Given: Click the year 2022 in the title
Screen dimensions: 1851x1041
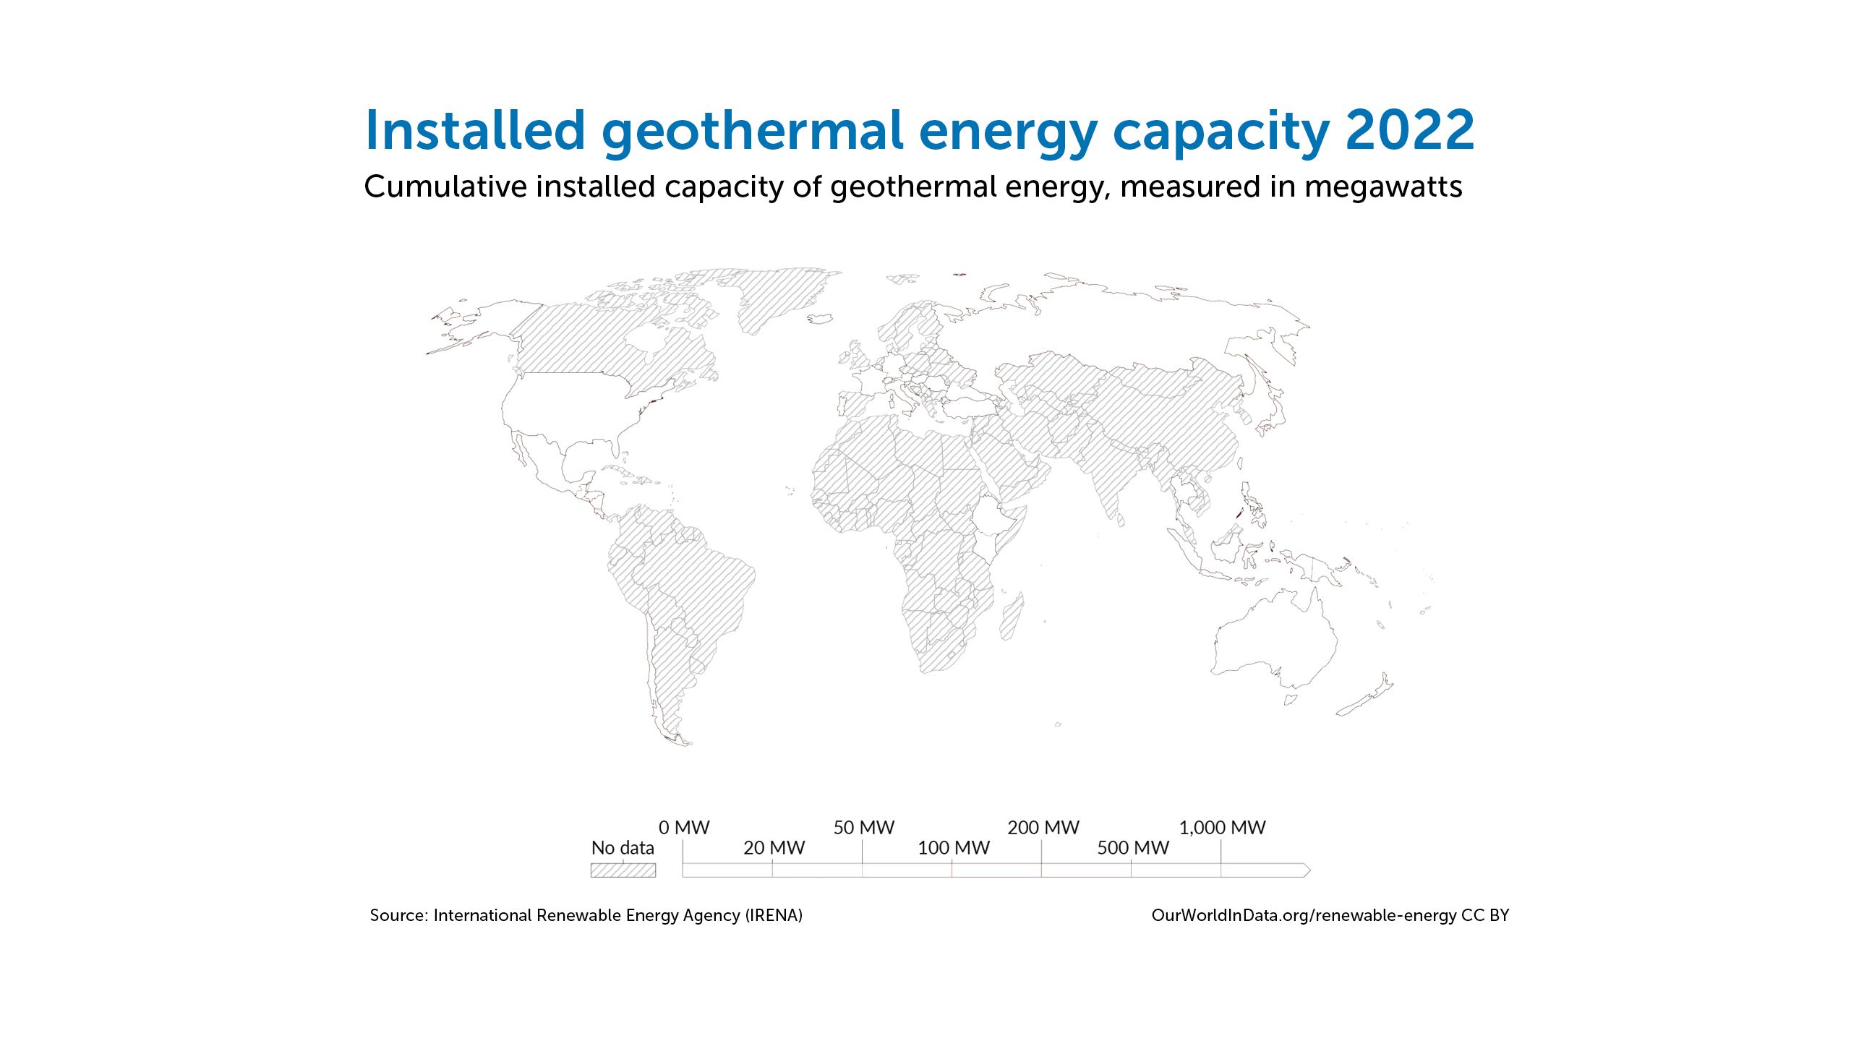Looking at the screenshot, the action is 1410,131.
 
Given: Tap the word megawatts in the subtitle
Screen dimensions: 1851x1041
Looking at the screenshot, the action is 1383,187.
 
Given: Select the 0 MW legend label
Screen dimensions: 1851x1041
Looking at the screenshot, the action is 684,827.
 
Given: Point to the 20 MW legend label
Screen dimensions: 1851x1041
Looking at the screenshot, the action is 774,847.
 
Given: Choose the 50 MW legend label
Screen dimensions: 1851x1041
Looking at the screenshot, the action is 864,827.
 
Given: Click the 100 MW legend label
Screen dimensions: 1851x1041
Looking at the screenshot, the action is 953,847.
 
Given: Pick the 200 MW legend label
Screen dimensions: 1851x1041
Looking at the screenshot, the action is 1043,827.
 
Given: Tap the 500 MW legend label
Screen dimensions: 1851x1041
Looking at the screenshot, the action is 1133,847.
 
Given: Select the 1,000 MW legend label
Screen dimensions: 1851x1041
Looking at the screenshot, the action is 1223,828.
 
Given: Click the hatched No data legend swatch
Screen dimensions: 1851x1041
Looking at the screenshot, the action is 623,870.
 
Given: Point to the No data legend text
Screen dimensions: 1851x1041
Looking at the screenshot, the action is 623,847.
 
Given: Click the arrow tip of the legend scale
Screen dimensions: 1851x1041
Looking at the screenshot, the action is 1310,870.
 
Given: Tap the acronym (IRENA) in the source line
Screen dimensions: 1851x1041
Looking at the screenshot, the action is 774,915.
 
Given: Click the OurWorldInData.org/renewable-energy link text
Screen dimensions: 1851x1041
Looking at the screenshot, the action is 1304,915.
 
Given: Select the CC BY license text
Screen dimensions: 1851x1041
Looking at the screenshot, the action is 1485,915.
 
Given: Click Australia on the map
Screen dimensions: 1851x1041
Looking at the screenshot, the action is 1276,640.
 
